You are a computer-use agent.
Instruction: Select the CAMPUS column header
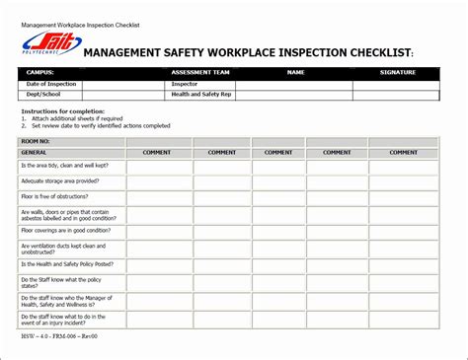40,72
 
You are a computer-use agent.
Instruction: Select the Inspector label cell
184,84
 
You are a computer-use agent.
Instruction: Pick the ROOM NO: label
39,142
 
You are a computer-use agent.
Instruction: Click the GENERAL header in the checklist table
36,153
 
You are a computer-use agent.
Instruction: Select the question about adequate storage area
59,180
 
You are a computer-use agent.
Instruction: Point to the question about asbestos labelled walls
64,214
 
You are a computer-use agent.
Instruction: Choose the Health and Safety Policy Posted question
65,264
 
